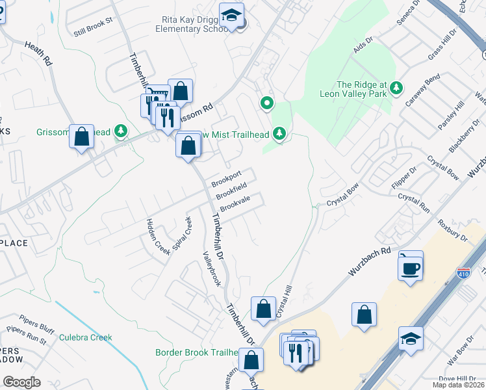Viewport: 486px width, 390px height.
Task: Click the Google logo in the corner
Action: pyautogui.click(x=21, y=382)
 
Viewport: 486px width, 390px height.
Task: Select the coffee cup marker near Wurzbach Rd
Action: pyautogui.click(x=410, y=267)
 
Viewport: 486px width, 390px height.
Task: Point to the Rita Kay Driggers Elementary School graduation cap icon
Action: pyautogui.click(x=231, y=16)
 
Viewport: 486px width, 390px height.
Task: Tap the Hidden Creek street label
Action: pyautogui.click(x=157, y=235)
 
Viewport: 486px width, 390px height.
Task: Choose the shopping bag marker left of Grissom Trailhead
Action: pyautogui.click(x=81, y=137)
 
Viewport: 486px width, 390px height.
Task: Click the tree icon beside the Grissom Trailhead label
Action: pyautogui.click(x=120, y=132)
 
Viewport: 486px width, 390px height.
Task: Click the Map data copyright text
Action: pyautogui.click(x=459, y=385)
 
